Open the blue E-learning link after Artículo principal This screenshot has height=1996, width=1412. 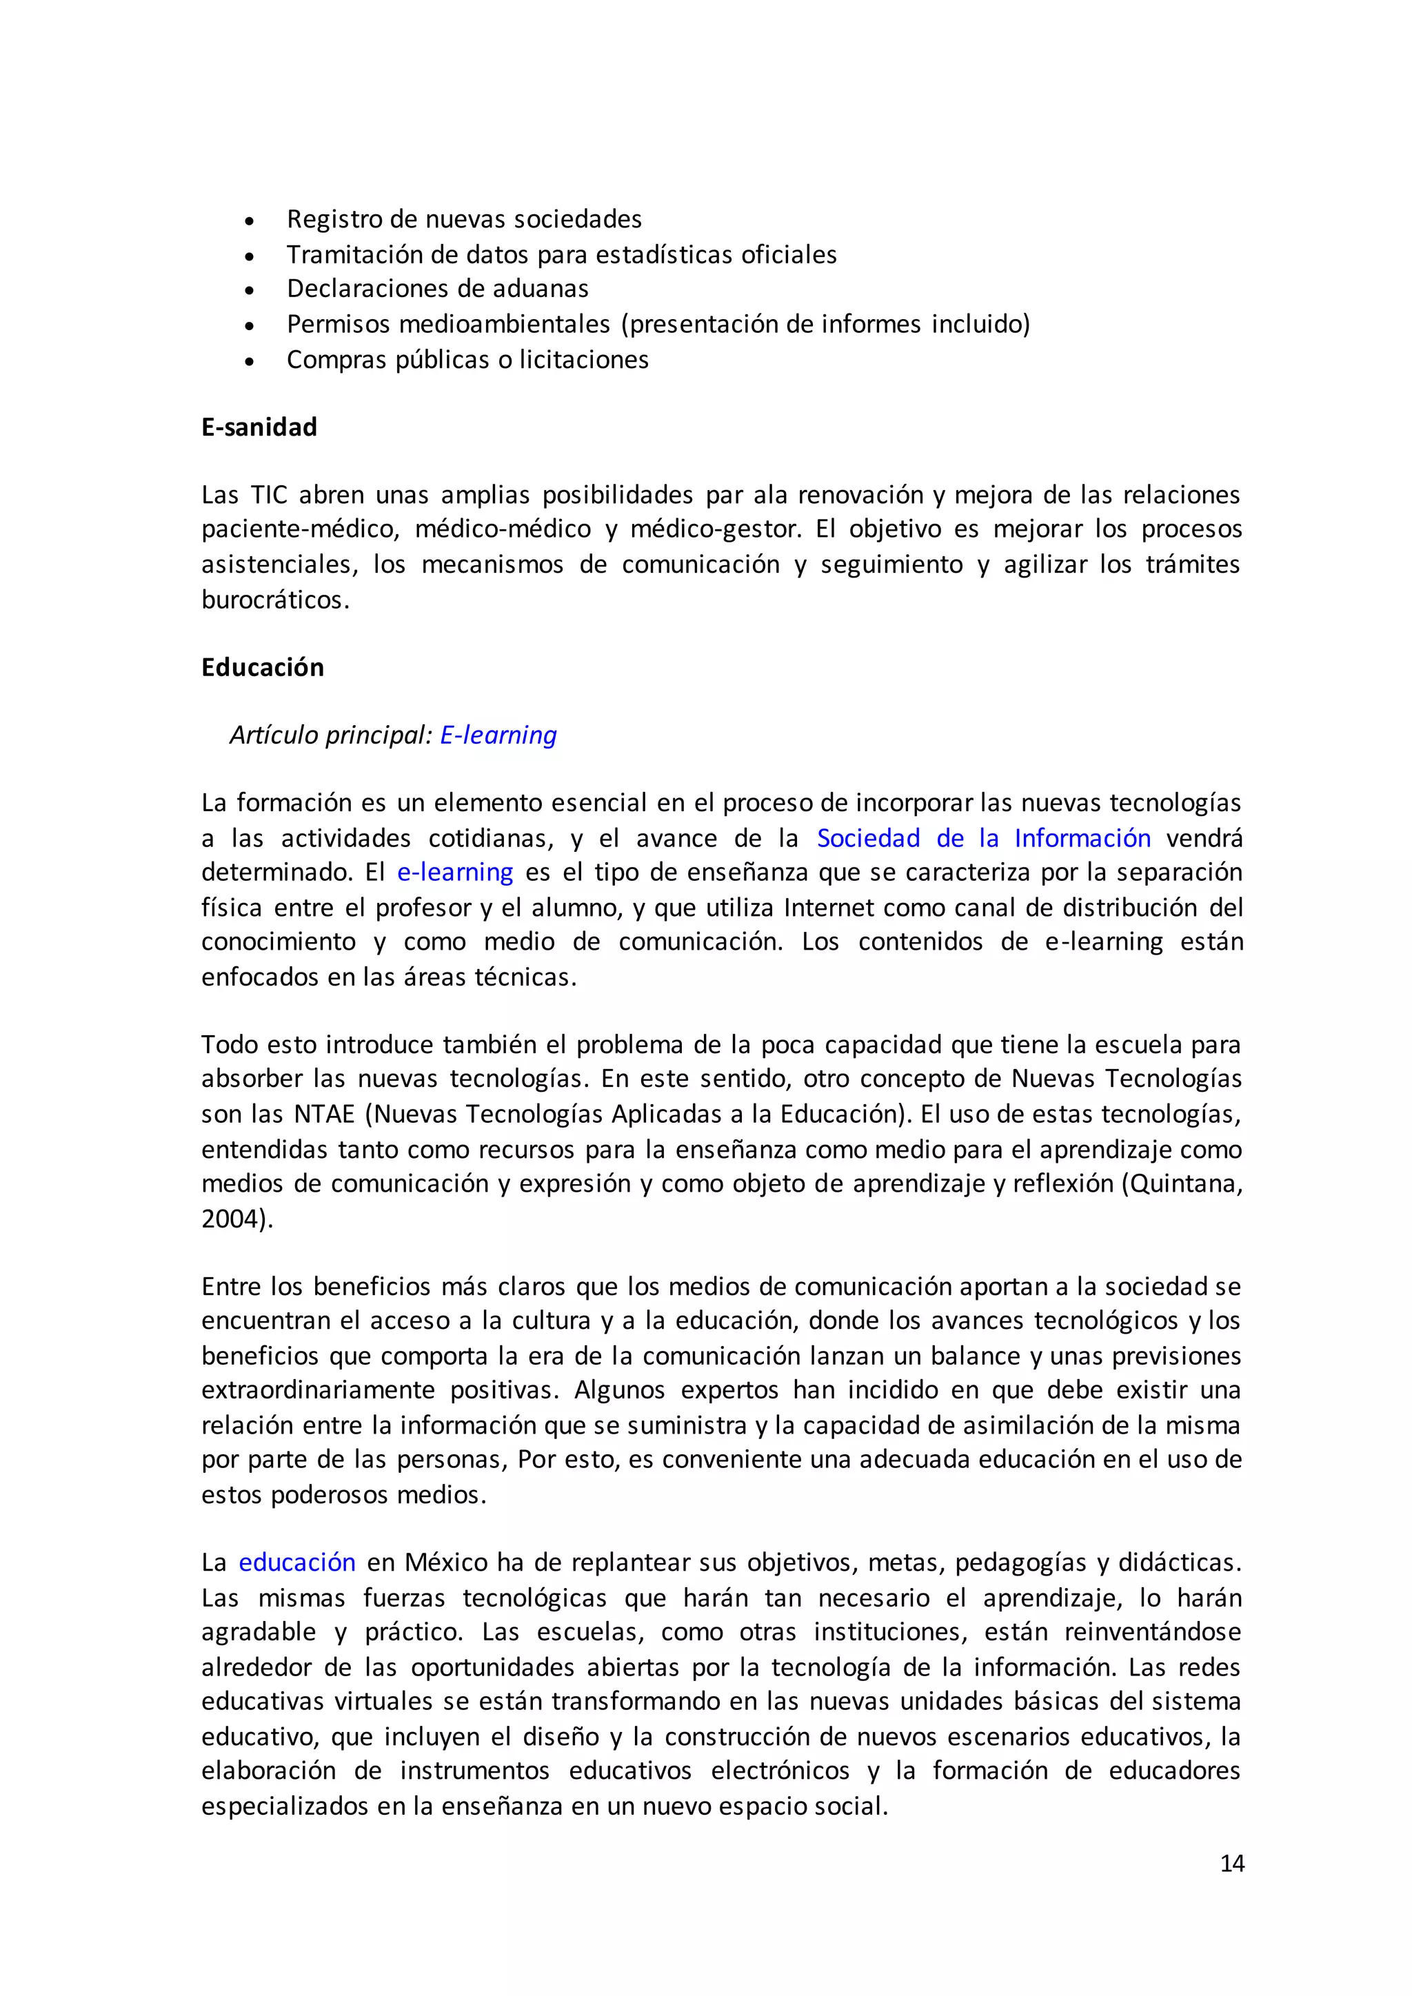click(498, 735)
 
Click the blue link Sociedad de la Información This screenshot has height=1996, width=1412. click(983, 838)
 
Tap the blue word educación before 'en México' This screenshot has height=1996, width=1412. click(297, 1562)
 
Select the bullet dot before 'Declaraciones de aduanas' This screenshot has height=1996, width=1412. click(250, 290)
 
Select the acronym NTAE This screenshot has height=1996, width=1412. click(325, 1114)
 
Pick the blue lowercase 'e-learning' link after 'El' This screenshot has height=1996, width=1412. click(455, 872)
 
